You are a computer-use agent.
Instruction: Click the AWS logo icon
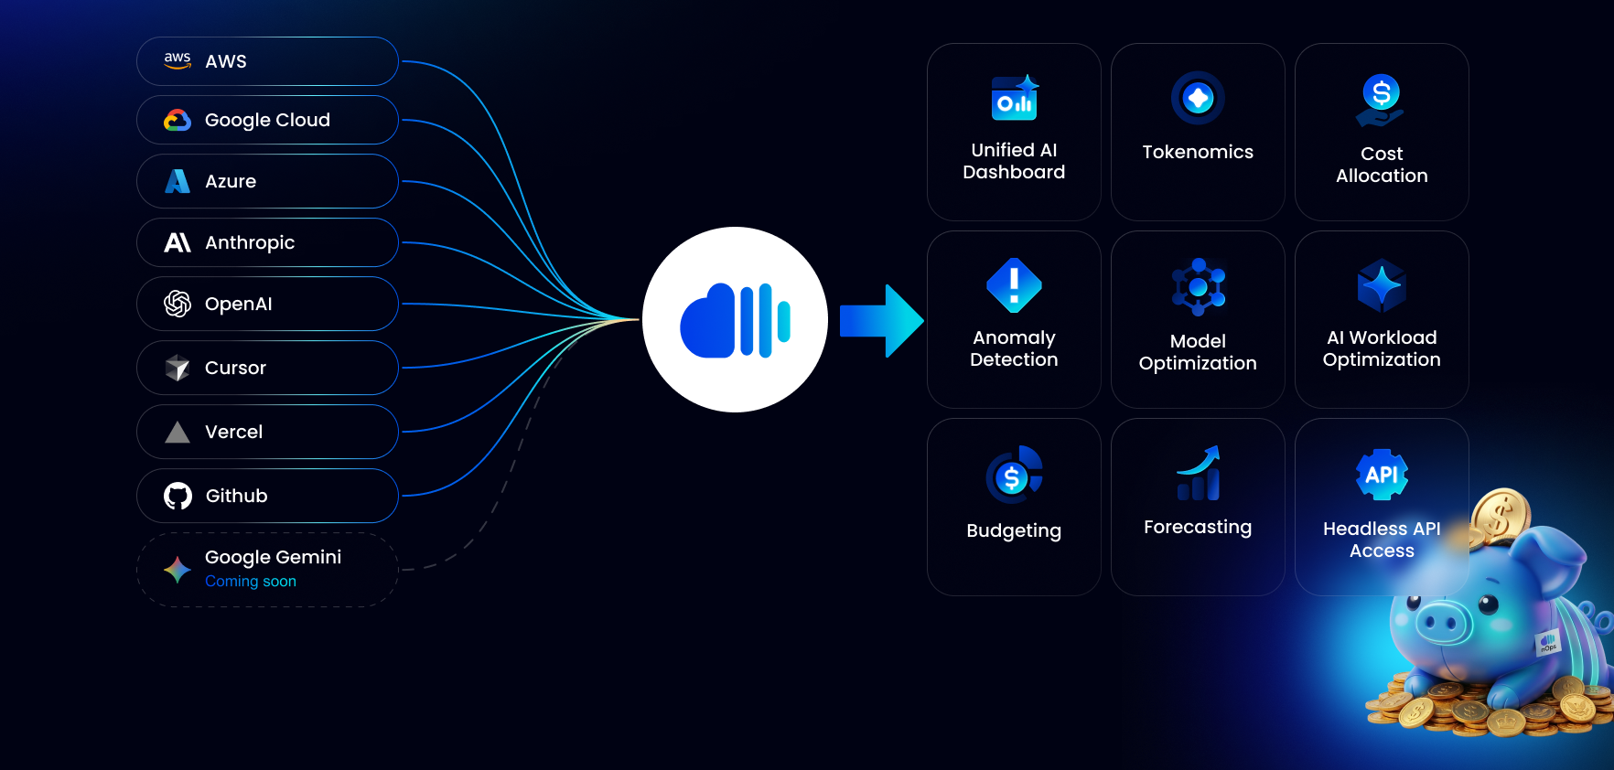[178, 60]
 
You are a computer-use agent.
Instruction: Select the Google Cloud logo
[178, 120]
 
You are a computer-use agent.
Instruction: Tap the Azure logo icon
[178, 181]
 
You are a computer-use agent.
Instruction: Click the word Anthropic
[250, 242]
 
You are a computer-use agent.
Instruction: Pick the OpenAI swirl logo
[178, 304]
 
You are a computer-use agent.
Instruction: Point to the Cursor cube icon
[178, 368]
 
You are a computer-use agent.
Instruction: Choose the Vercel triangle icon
[178, 432]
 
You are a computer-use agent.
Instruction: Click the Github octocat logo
[178, 496]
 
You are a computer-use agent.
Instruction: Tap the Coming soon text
[251, 582]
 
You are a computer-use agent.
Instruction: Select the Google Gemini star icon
[178, 570]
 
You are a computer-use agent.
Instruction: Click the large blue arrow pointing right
[881, 321]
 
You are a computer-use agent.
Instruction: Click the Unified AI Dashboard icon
[1015, 98]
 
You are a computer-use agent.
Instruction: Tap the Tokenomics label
[1198, 152]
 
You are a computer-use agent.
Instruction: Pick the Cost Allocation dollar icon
[1381, 100]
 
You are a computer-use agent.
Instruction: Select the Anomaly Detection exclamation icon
[1014, 285]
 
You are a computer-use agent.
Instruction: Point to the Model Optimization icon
[1199, 287]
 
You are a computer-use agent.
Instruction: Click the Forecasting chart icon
[1199, 473]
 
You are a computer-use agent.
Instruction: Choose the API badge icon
[1382, 475]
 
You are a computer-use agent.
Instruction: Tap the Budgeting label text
[1014, 531]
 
